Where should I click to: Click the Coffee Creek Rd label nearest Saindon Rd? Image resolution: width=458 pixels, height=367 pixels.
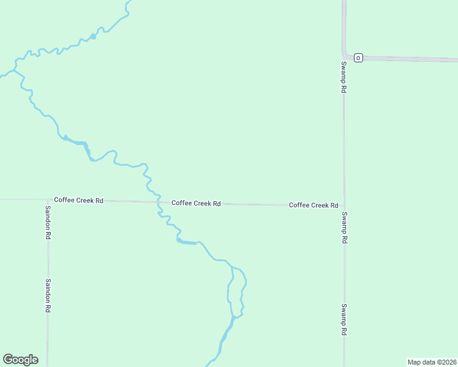(78, 200)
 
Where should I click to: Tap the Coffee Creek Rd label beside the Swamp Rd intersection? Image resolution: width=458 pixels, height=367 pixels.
(313, 205)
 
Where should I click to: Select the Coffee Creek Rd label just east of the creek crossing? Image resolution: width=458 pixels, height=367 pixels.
(196, 203)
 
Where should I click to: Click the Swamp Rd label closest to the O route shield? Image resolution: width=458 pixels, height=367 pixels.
(344, 76)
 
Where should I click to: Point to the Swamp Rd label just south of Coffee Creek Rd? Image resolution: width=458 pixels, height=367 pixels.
(345, 228)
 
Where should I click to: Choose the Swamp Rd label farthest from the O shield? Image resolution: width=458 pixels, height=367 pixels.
(345, 319)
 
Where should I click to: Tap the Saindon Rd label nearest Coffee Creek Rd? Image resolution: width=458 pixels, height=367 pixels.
(48, 222)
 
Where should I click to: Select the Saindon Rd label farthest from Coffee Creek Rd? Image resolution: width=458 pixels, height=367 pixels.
(48, 296)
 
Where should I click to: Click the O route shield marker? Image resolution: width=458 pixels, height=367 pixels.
(358, 57)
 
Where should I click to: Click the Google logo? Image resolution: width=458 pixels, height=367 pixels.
(20, 360)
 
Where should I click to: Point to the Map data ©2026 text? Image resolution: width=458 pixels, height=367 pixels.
(432, 361)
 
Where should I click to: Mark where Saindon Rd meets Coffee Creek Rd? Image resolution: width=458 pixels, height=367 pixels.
(48, 199)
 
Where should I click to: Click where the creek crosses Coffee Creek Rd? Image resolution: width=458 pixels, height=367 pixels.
(159, 202)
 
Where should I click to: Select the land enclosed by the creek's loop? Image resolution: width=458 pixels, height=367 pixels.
(238, 291)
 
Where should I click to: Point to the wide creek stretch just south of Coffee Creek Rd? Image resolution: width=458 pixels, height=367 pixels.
(186, 242)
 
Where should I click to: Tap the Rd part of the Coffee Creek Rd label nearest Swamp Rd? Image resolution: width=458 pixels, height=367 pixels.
(334, 205)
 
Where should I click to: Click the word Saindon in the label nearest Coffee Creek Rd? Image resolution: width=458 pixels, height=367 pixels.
(48, 218)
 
